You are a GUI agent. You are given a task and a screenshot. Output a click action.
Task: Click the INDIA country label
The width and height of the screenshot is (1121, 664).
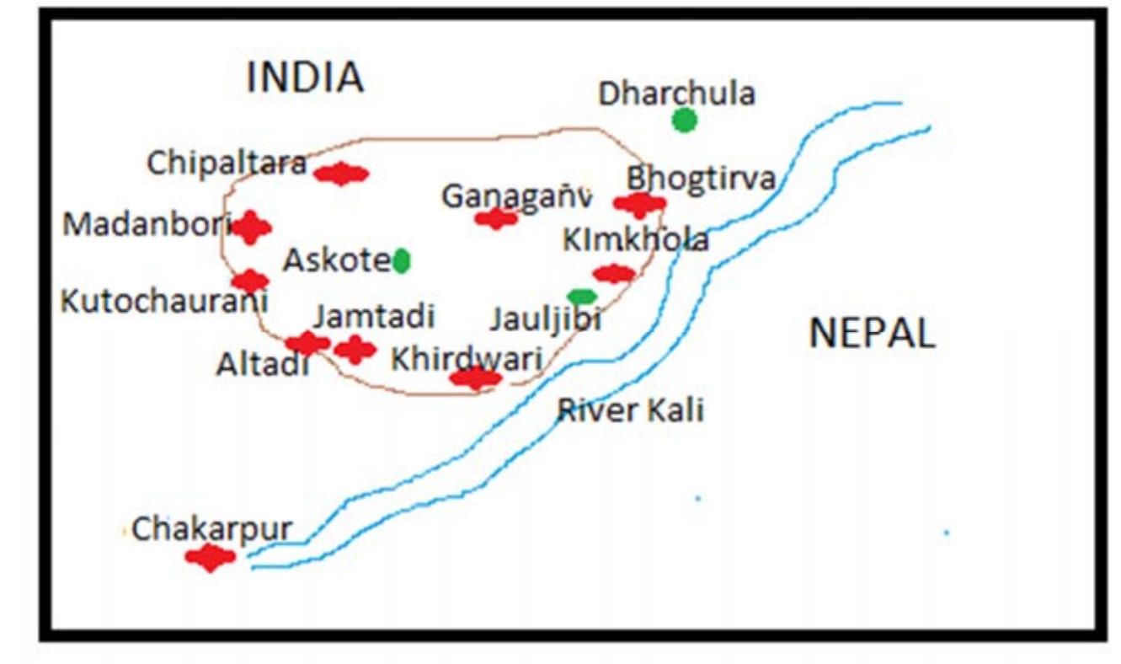pos(305,78)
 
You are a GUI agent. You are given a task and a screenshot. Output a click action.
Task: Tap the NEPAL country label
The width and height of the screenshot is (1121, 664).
pos(872,334)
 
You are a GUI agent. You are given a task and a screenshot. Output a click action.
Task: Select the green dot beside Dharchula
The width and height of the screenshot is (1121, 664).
pos(685,120)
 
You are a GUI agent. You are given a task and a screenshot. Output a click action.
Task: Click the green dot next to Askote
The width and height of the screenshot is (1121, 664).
pos(401,261)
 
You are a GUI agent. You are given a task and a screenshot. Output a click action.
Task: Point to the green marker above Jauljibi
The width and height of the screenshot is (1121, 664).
pos(582,297)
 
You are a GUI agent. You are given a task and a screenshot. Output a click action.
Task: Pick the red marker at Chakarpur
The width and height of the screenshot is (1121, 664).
pos(210,556)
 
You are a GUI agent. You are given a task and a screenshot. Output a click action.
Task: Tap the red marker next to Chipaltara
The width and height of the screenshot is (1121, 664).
pos(341,174)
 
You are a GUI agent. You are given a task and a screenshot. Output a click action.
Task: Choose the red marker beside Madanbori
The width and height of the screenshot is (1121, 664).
pos(251,228)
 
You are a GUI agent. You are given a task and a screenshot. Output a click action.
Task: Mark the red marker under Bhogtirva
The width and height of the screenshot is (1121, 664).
pos(640,204)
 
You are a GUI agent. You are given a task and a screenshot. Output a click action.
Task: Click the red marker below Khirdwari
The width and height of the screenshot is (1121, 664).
pos(476,378)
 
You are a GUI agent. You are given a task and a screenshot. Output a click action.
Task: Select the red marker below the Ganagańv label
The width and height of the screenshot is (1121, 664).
pos(496,219)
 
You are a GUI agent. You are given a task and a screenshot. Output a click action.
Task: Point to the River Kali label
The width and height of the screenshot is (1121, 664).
pos(631,411)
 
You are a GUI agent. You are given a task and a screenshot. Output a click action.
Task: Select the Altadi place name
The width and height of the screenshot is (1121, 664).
pos(263,364)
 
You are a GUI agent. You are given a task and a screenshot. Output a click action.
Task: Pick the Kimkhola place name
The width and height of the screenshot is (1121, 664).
pos(636,241)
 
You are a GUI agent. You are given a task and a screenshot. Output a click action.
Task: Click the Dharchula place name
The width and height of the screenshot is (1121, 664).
pos(676,94)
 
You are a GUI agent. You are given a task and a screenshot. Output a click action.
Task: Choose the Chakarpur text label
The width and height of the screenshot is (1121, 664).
pos(211,529)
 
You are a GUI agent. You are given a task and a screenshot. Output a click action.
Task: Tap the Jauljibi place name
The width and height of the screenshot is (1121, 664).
pos(546,321)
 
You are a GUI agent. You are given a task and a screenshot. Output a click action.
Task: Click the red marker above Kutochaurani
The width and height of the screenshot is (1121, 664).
pos(250,281)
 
